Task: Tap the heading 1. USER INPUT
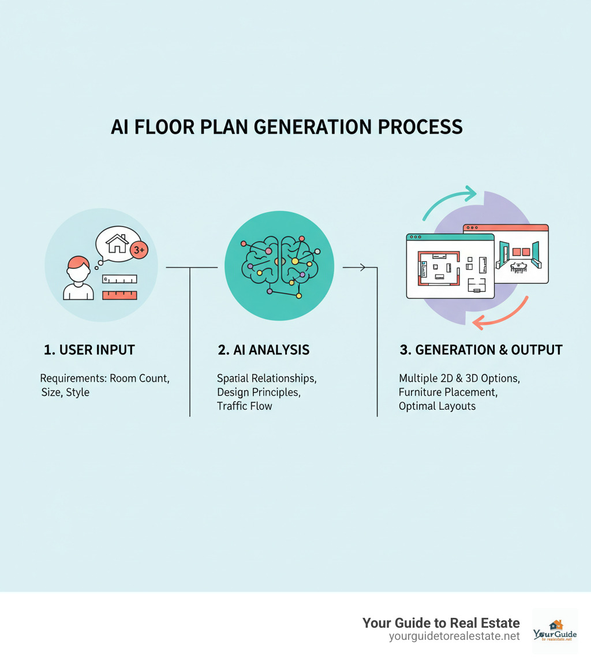pos(89,350)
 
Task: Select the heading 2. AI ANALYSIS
pos(263,350)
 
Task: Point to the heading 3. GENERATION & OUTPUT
pos(481,350)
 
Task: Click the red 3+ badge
pos(139,250)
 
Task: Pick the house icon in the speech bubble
pos(118,243)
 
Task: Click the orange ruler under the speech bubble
pos(119,295)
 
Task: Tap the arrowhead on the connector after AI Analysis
pos(362,267)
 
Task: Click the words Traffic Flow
pos(244,406)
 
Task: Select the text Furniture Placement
pos(448,392)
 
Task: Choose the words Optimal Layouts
pos(437,406)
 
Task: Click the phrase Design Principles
pos(259,392)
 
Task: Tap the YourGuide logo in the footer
pos(555,631)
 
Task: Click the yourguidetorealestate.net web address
pos(454,636)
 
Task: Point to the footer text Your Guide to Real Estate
pos(441,623)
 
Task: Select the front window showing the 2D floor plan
pos(450,266)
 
